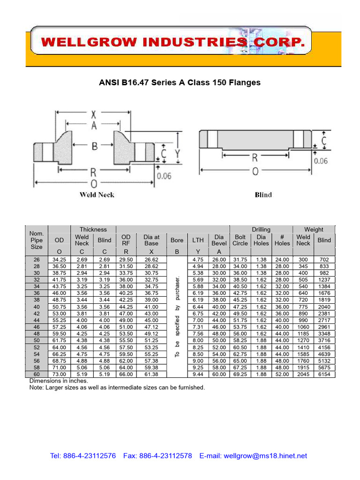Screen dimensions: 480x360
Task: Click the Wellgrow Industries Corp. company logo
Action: (x=173, y=43)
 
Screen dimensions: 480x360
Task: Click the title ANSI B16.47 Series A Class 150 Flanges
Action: (x=180, y=82)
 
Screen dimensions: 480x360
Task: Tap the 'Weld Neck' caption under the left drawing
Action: (x=97, y=195)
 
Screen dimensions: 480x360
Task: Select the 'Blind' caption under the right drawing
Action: (x=263, y=195)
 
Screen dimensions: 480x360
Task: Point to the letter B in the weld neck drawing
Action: (x=94, y=146)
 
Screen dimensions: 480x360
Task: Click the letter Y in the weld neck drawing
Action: (x=177, y=153)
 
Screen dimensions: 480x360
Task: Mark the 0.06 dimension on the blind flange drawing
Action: (x=321, y=161)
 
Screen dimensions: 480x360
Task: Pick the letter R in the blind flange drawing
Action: (x=255, y=157)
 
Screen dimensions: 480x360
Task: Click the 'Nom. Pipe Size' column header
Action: (x=36, y=240)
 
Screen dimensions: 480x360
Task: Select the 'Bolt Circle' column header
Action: (x=240, y=240)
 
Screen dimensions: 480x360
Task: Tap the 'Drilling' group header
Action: (x=261, y=229)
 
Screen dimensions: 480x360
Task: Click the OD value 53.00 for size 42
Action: (x=59, y=314)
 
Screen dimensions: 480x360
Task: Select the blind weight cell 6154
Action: (x=324, y=375)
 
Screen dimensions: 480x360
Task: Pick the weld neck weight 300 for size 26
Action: (x=303, y=259)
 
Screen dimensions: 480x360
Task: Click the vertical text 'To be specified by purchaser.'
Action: (x=177, y=316)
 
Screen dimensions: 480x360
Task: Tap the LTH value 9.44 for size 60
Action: (x=198, y=375)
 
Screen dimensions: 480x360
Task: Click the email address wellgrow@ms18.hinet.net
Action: (x=265, y=456)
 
